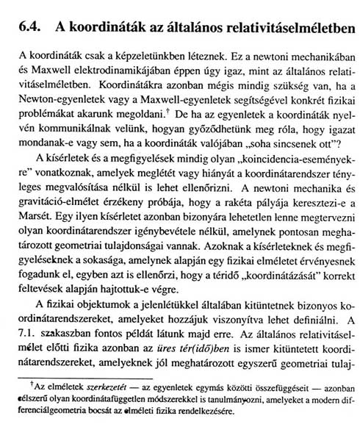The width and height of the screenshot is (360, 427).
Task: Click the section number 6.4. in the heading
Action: click(29, 25)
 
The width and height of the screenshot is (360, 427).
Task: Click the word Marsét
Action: click(36, 214)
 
